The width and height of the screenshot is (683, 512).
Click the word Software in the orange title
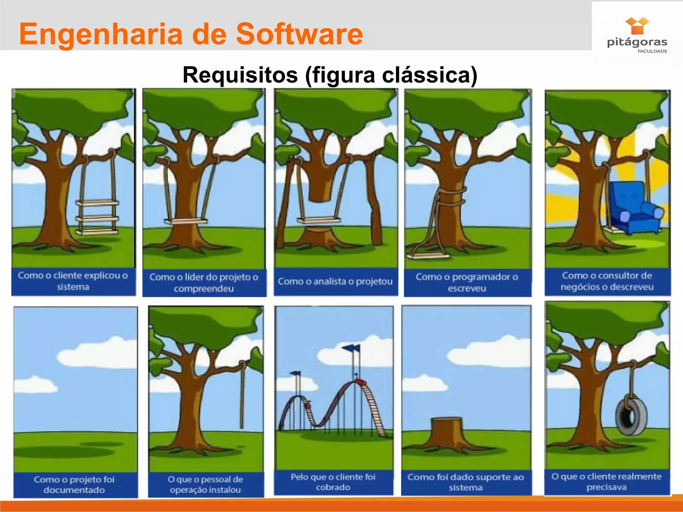coord(299,34)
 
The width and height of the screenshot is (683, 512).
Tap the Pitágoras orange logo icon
coord(637,26)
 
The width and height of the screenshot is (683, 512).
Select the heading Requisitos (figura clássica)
coord(330,75)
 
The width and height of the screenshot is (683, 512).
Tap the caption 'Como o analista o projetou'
coord(335,282)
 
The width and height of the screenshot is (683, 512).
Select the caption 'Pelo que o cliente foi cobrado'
coord(333,482)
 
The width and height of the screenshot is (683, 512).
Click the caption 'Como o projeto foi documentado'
coord(74,485)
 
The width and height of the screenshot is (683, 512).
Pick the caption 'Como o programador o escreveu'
coord(467,282)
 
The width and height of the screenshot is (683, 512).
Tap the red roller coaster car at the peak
coord(360,382)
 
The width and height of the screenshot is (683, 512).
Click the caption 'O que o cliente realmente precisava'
coord(606,482)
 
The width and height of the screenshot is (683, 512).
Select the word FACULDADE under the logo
coord(652,51)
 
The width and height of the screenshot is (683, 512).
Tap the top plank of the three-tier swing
coord(97,203)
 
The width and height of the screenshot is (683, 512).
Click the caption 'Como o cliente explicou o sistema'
coord(73,281)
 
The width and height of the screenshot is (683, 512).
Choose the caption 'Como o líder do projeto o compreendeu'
coord(204,283)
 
